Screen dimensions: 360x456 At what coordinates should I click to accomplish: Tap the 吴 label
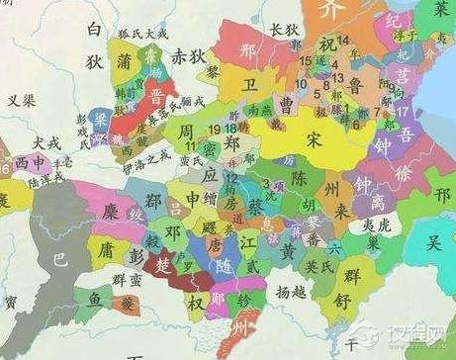[x=432, y=240]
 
